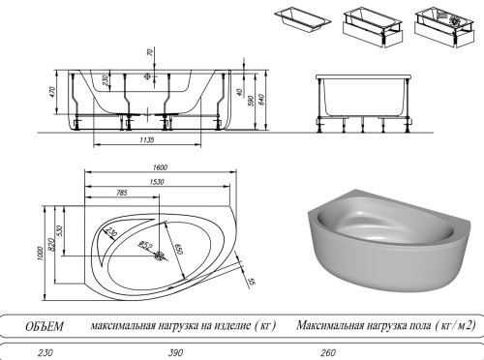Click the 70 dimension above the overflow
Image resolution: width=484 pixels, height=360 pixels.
pos(149,53)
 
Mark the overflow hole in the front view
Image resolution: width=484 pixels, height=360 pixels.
pos(149,75)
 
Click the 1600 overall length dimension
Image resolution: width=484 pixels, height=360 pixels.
pos(160,168)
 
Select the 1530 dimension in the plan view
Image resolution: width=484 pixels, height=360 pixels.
pos(155,181)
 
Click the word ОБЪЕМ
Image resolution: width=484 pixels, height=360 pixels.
pos(44,327)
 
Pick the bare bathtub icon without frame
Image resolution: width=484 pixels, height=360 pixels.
pos(300,18)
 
